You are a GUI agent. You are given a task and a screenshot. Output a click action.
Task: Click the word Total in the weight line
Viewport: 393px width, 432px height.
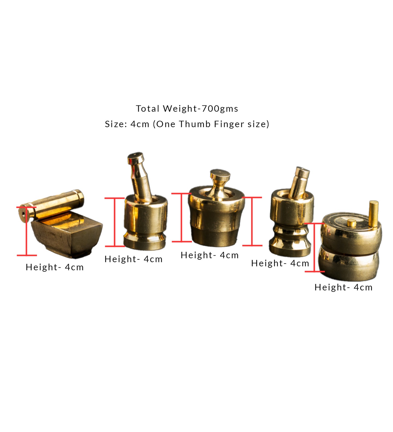point(147,109)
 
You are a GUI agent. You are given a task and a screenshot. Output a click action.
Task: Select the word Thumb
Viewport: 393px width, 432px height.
point(195,124)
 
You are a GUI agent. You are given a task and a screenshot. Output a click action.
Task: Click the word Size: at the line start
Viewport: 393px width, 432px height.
point(116,124)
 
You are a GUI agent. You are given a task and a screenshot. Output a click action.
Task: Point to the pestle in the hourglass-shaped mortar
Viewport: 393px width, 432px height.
point(299,182)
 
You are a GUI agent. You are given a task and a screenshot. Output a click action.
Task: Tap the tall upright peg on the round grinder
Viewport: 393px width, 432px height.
point(373,213)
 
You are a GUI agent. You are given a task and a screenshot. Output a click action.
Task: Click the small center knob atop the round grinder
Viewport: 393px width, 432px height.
point(351,223)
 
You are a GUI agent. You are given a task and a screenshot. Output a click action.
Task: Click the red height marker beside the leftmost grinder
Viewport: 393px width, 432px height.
point(27,231)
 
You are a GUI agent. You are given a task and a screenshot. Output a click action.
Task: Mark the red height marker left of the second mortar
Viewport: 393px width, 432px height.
point(115,222)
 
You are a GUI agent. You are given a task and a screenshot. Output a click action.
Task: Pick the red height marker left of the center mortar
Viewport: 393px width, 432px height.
point(181,217)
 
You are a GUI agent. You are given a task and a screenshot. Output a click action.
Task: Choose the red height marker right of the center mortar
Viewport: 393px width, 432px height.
point(252,221)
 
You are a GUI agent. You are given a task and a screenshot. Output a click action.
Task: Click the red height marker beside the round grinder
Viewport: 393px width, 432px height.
point(314,247)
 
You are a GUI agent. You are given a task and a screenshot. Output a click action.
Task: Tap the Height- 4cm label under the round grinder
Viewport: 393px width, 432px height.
point(343,287)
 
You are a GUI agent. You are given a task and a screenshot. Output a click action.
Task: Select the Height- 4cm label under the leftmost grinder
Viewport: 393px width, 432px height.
point(55,267)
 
